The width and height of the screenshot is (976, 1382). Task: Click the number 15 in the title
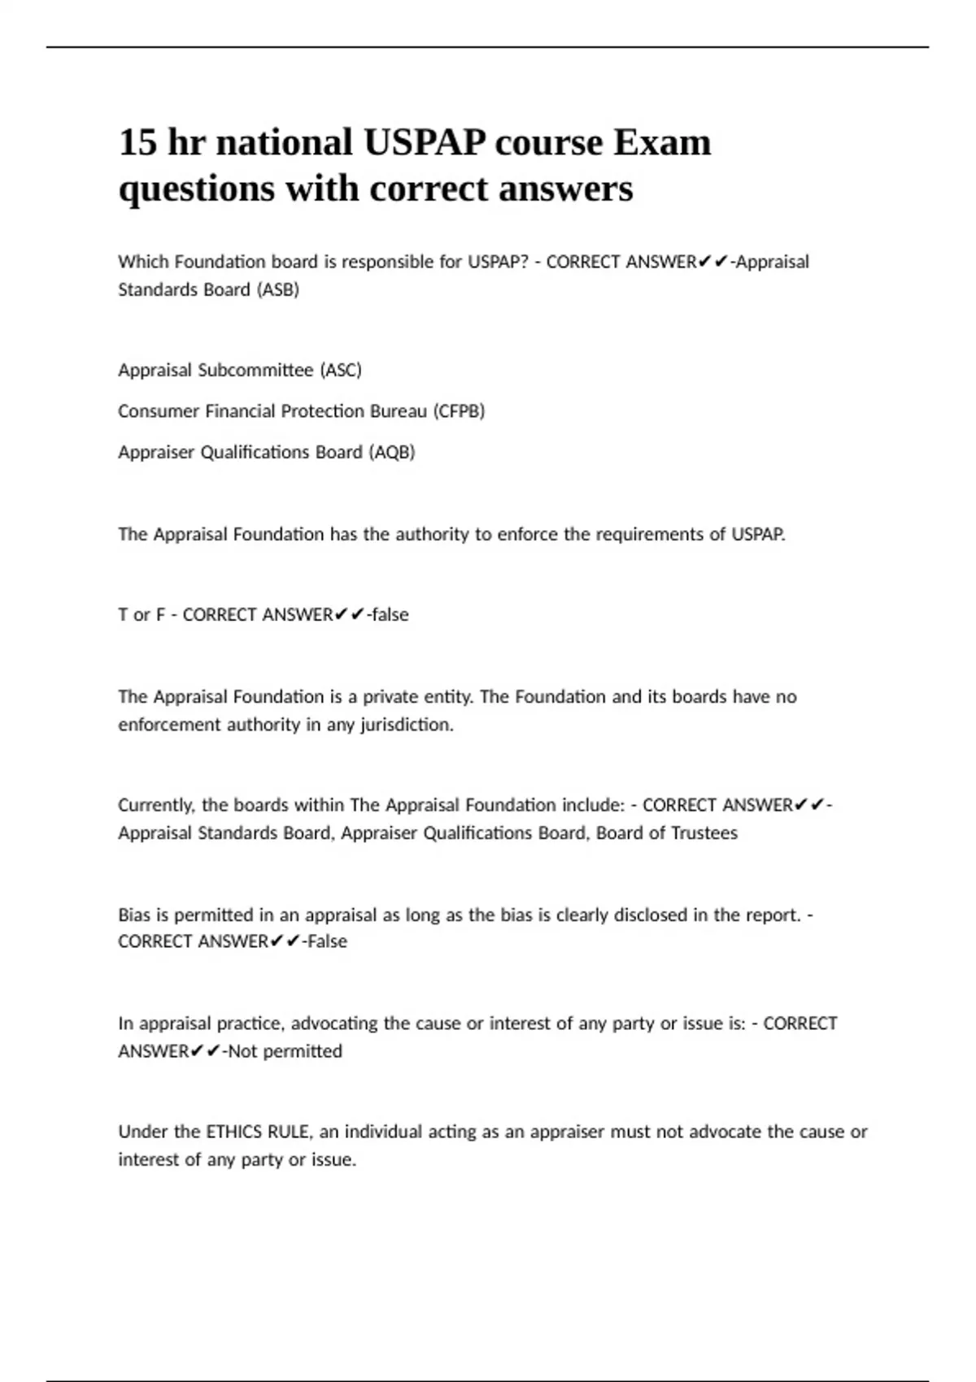tap(137, 142)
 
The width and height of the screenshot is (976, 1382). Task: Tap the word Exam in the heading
tap(661, 142)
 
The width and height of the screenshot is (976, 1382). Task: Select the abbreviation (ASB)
tap(278, 289)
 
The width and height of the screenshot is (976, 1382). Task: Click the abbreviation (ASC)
tap(341, 370)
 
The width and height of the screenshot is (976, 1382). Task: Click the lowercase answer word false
tap(390, 615)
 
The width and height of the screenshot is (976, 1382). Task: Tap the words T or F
tap(142, 615)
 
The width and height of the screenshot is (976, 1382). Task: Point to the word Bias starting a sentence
tap(134, 915)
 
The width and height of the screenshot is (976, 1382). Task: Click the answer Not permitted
tap(285, 1051)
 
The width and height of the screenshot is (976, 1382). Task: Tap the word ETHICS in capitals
tap(235, 1132)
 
